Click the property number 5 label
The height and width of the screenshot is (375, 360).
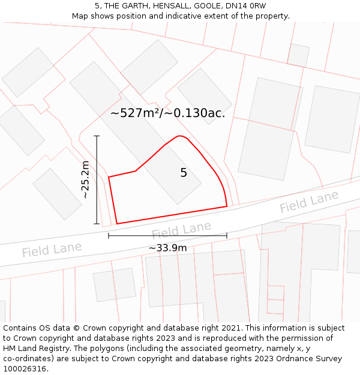[184, 173]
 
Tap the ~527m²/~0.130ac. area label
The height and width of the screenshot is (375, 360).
[168, 113]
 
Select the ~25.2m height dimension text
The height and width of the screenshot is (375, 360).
[85, 179]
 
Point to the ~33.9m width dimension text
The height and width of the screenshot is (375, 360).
[167, 248]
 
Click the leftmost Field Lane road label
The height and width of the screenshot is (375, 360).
[52, 249]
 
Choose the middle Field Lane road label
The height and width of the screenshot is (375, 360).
[181, 230]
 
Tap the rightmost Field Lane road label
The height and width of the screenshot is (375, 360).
[309, 202]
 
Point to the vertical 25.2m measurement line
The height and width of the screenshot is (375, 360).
[97, 180]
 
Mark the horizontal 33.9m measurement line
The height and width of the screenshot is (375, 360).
[167, 236]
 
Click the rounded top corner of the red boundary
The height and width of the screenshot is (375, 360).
[179, 136]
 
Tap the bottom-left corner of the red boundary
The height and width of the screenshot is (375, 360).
[116, 224]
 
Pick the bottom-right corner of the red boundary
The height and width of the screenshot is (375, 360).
[227, 206]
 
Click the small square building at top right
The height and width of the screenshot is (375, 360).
[298, 55]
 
